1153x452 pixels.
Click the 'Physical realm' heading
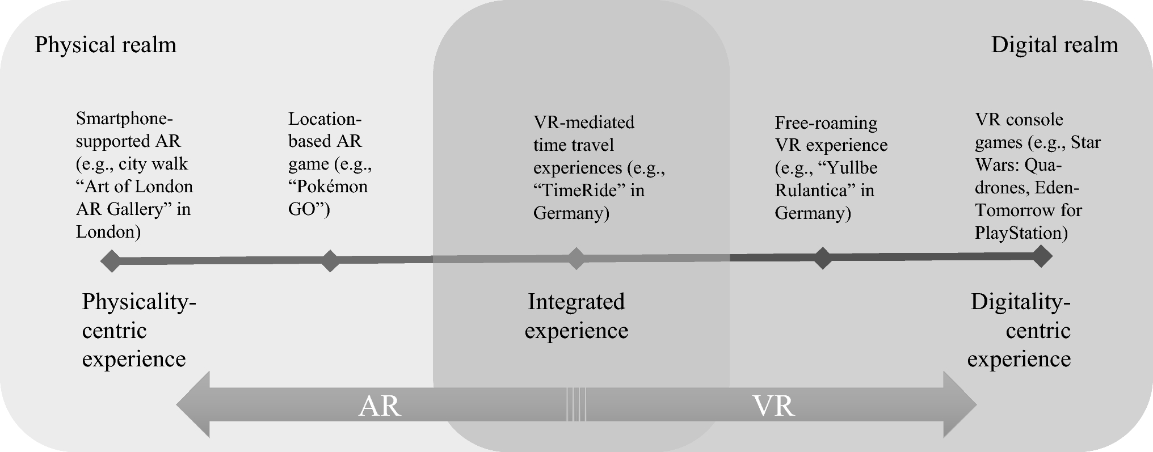tap(106, 45)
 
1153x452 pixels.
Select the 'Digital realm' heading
tap(1054, 45)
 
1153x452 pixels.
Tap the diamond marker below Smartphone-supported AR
tap(111, 261)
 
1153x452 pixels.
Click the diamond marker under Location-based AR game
tap(330, 261)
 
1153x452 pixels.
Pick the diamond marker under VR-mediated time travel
tap(576, 259)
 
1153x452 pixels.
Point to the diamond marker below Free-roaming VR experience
tap(822, 258)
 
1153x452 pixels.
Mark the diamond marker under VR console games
tap(1041, 256)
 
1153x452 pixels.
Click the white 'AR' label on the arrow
tap(380, 406)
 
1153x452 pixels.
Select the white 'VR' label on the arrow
tap(773, 406)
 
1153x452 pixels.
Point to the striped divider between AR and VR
tap(576, 404)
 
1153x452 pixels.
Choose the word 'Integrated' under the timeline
tap(576, 302)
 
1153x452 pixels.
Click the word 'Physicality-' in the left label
tap(139, 302)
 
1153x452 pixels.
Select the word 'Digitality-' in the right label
tap(1020, 302)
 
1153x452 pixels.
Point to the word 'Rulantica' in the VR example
tap(811, 190)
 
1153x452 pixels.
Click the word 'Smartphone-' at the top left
tap(124, 119)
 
